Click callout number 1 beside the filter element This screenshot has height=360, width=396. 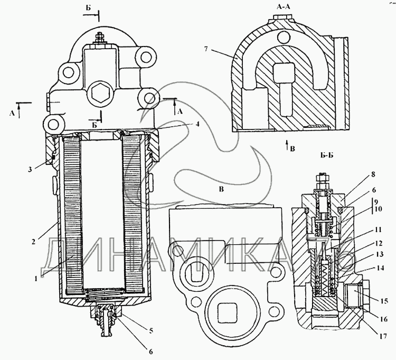click(x=36, y=279)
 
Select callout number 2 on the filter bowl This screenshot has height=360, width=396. click(x=33, y=242)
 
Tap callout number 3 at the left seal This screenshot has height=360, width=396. click(x=30, y=169)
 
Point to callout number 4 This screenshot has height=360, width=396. click(x=198, y=124)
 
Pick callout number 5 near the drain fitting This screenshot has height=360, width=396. click(x=151, y=330)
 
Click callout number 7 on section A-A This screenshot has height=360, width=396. click(x=206, y=49)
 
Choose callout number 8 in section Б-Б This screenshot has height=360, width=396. click(x=373, y=174)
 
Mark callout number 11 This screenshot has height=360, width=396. click(x=379, y=230)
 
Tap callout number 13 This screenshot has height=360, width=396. click(x=379, y=254)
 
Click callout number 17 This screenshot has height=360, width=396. click(x=383, y=336)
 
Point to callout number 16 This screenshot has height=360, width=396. click(x=384, y=319)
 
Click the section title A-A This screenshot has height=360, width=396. click(x=284, y=6)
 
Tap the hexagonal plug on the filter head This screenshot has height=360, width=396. click(x=100, y=93)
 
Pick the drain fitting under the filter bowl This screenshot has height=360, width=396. click(x=106, y=320)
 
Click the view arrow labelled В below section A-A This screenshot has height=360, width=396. click(x=286, y=146)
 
